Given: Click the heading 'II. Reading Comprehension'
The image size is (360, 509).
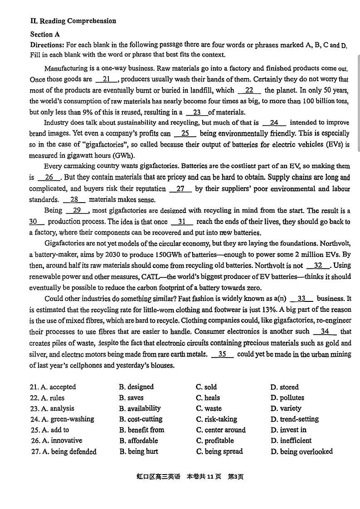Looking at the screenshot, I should [73, 21].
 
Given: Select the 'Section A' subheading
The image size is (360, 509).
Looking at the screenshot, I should [45, 34].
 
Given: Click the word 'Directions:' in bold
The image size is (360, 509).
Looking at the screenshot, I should [47, 45].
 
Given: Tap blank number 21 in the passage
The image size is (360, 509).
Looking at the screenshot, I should [107, 79].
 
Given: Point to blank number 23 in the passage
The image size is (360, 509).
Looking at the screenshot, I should [196, 112].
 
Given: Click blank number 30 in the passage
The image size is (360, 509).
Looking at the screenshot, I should [36, 222].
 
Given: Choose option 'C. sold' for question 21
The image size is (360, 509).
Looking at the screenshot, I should [206, 387].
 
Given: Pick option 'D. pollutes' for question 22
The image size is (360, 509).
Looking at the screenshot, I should [287, 398].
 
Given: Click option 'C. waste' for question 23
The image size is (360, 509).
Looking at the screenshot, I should [209, 408].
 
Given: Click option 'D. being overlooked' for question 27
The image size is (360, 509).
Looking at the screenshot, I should [302, 451].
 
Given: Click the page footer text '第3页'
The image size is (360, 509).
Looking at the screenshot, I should [235, 476].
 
